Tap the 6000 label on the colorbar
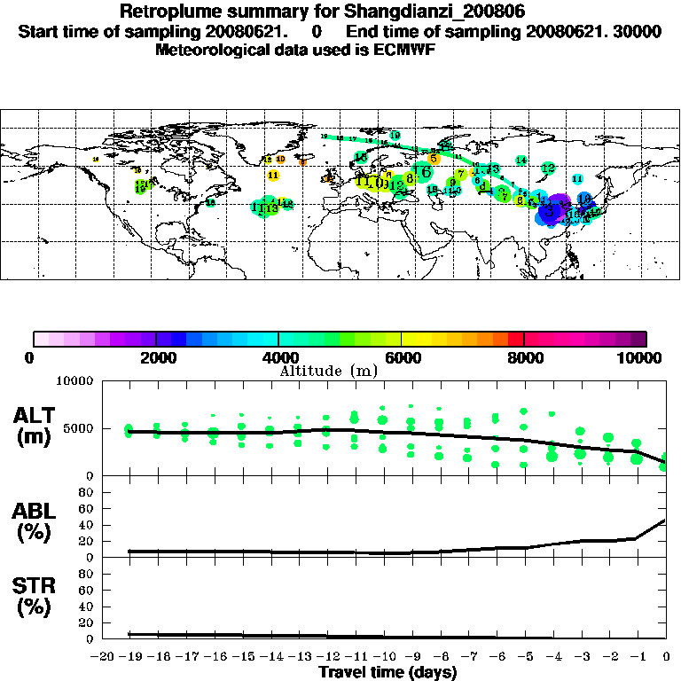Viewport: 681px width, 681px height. pos(402,357)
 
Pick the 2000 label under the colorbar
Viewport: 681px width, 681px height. pos(156,357)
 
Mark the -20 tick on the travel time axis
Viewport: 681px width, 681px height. pos(102,656)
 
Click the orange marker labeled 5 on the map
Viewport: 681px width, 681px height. pos(434,159)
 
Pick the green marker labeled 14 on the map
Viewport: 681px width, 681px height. pos(521,160)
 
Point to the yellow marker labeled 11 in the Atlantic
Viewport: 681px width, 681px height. pos(273,176)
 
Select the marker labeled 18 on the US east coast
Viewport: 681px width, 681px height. pos(211,202)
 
